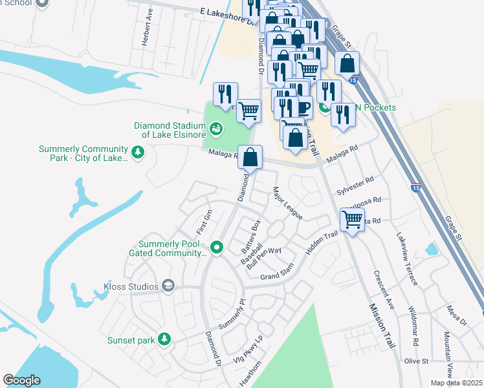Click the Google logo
[x=22, y=380]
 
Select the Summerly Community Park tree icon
[x=137, y=153]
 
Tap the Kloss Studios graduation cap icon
[x=168, y=286]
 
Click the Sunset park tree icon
[x=164, y=339]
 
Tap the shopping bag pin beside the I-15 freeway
[x=347, y=64]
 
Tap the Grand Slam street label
[x=277, y=272]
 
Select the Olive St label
[x=416, y=360]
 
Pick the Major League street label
[x=287, y=203]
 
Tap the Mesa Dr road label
[x=456, y=314]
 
